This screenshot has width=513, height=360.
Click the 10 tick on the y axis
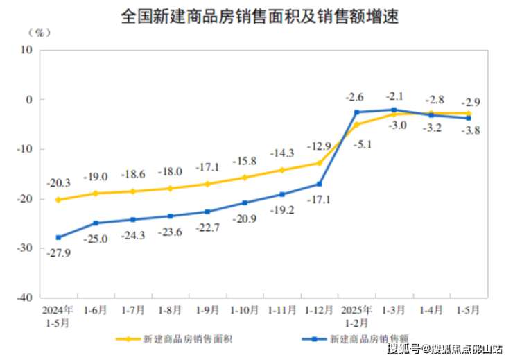(x=27, y=50)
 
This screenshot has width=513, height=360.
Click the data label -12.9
(x=319, y=146)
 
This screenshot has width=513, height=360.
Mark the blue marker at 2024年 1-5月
(x=58, y=237)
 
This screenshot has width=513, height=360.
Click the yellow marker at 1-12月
(x=320, y=163)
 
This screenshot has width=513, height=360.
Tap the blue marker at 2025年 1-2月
(x=357, y=112)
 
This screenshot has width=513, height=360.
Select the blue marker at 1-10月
(x=245, y=203)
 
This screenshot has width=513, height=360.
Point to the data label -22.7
(x=207, y=228)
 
